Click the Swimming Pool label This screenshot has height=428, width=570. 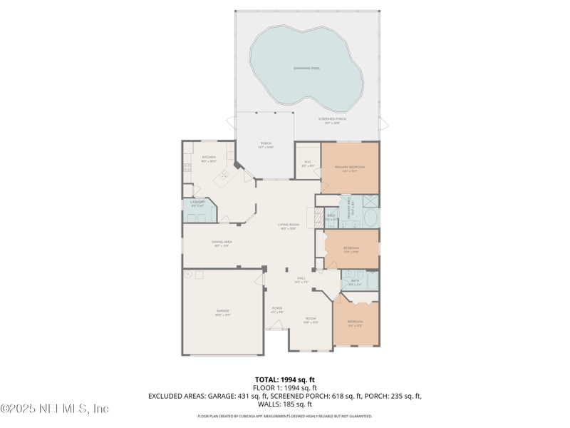pos(306,68)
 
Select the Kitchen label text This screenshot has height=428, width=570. pos(208,158)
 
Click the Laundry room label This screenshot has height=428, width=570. pos(197,203)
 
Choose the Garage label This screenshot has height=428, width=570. pos(223,312)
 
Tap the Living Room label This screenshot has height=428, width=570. pos(288,226)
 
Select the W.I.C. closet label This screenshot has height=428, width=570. pos(308,163)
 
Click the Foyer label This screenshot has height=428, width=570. pos(277,310)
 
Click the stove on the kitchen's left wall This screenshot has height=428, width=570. pos(187,168)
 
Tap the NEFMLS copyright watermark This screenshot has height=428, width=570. pos(54,409)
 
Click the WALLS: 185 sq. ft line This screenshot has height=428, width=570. pos(285,404)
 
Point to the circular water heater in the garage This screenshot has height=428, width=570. pos(189,274)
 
